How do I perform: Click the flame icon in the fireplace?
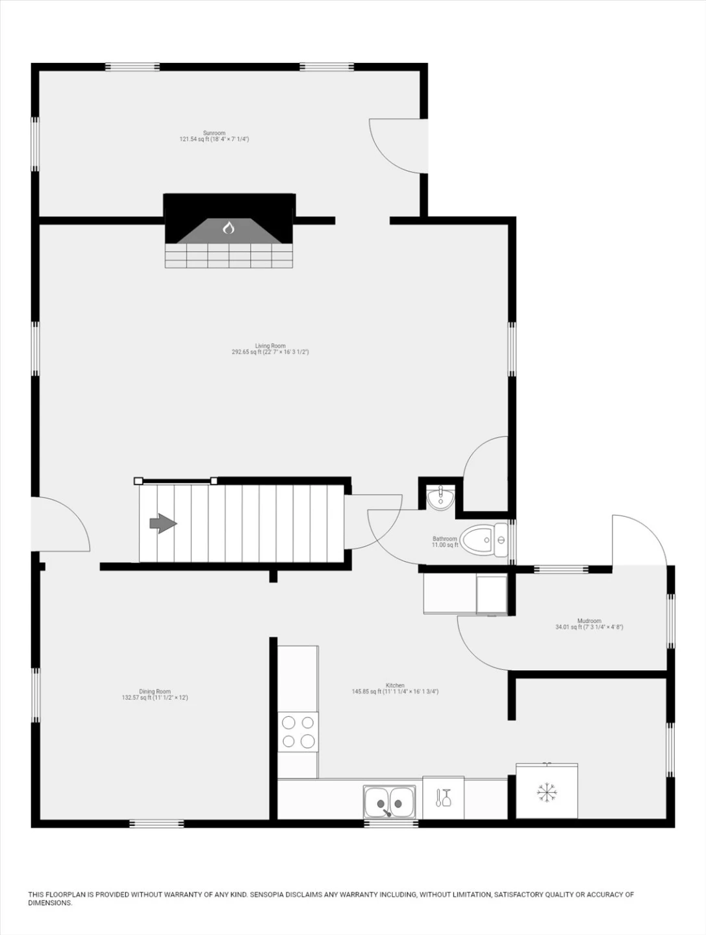click(229, 228)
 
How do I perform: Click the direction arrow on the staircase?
click(163, 523)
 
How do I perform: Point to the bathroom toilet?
click(484, 540)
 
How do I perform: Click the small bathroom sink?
click(441, 497)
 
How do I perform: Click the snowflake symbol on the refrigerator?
click(547, 793)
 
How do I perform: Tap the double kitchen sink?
click(390, 802)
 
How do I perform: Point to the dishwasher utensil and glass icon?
click(443, 797)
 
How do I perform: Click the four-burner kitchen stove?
click(298, 732)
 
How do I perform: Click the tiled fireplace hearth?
click(229, 255)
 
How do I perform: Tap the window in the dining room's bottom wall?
click(157, 823)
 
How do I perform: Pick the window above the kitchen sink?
click(391, 823)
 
